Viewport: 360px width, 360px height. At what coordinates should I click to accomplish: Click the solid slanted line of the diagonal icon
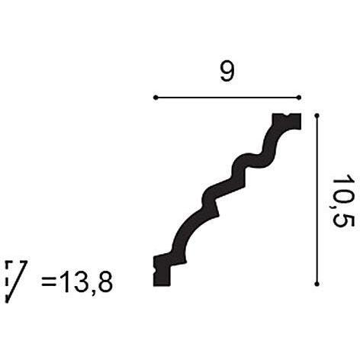tap(20, 280)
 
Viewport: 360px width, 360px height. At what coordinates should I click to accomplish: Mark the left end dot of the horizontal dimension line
tap(155, 98)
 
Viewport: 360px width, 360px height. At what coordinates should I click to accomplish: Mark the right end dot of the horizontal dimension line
tap(299, 98)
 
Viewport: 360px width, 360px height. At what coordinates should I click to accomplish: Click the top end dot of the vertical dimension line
tap(316, 115)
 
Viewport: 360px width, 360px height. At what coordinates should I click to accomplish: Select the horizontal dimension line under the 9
tap(227, 98)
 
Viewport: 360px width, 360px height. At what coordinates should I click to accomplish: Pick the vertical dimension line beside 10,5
tap(316, 200)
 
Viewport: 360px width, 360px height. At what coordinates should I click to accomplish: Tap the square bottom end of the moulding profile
tap(163, 270)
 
